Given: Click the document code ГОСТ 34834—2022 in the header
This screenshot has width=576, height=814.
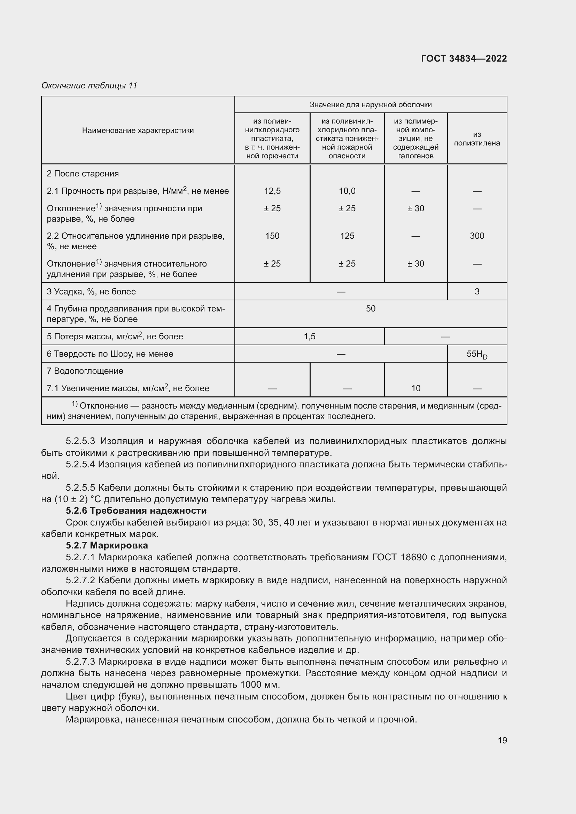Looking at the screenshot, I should click(x=464, y=58).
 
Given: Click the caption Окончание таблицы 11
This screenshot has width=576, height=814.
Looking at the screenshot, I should click(x=89, y=86).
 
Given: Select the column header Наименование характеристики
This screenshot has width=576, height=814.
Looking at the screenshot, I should click(x=138, y=131).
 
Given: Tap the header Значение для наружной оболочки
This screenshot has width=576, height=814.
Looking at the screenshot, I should click(x=370, y=105).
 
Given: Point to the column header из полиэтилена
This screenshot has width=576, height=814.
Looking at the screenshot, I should click(x=477, y=139).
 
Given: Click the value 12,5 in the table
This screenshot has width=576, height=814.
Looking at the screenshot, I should click(x=272, y=191).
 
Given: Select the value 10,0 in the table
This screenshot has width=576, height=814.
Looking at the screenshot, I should click(x=347, y=191).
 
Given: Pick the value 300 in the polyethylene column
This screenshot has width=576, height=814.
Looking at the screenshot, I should click(x=477, y=236).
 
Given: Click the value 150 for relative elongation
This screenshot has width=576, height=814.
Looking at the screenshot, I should click(x=272, y=236).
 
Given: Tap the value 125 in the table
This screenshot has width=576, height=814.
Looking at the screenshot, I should click(x=347, y=236).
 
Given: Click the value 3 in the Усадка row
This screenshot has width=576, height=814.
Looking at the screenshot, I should click(x=477, y=291).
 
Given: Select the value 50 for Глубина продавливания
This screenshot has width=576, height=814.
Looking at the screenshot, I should click(x=370, y=308).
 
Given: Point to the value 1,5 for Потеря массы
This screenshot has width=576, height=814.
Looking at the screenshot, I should click(x=309, y=337).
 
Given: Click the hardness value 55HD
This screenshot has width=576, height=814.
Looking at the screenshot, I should click(x=477, y=354).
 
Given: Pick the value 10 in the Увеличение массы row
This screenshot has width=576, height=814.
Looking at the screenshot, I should click(x=416, y=388).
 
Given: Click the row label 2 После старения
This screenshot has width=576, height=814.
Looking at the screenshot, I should click(x=83, y=174).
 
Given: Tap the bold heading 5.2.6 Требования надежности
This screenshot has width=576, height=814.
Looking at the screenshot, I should click(x=136, y=511).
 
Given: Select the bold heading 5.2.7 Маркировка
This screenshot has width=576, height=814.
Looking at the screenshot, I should click(x=107, y=545).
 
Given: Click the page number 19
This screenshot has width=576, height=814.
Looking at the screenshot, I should click(x=502, y=740).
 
